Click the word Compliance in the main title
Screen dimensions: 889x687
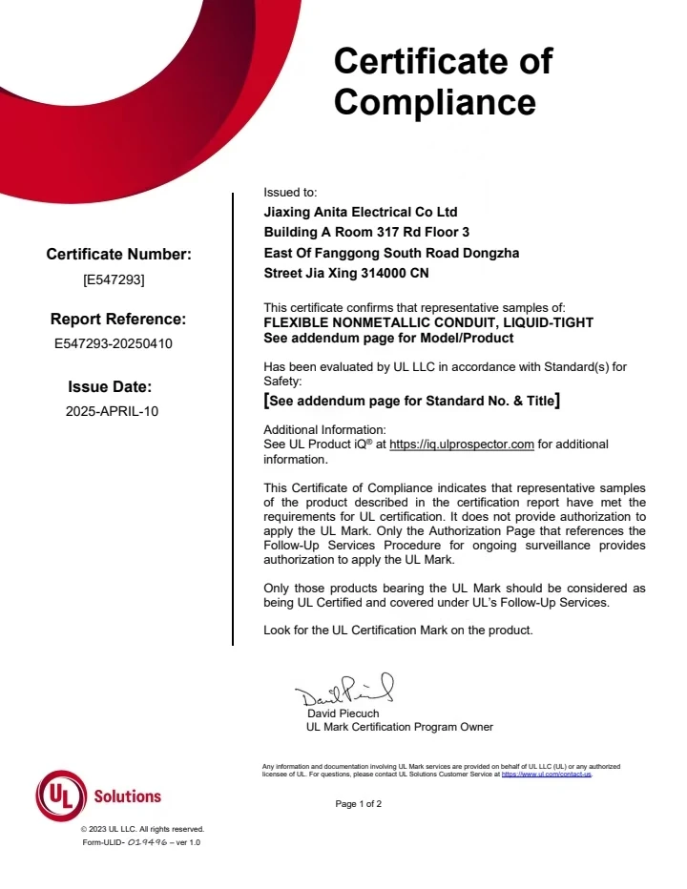click(434, 101)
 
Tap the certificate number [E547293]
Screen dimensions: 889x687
click(114, 280)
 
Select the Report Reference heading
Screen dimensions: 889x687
click(118, 320)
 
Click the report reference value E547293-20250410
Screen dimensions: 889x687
click(114, 343)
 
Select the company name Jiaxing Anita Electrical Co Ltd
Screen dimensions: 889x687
click(360, 213)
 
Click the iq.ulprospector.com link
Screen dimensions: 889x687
click(462, 444)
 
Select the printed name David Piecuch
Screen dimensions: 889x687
click(343, 713)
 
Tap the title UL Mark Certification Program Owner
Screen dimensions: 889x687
click(399, 727)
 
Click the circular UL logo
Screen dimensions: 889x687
click(60, 796)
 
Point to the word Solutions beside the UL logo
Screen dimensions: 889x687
click(128, 796)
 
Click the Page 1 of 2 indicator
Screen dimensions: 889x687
click(359, 804)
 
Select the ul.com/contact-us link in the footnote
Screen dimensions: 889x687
click(546, 775)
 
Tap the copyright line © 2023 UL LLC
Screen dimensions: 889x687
click(142, 829)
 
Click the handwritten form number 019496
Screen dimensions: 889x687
click(147, 843)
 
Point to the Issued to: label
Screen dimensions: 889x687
click(290, 192)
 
